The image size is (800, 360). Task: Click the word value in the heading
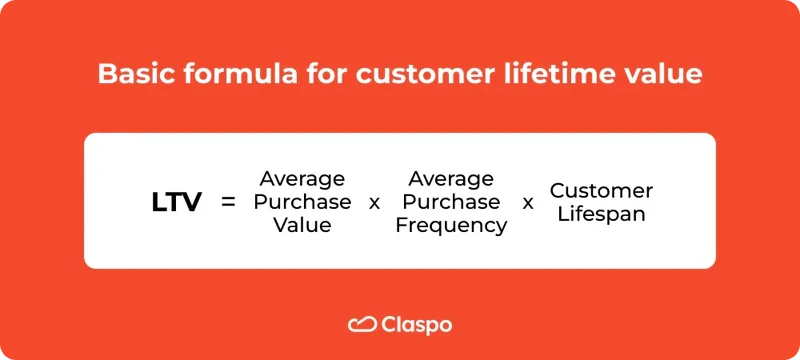click(x=664, y=74)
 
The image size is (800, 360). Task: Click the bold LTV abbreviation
click(x=176, y=202)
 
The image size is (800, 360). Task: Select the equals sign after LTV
click(x=228, y=202)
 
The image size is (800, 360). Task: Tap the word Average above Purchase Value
click(x=302, y=179)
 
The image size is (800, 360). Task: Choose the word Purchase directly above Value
click(x=302, y=202)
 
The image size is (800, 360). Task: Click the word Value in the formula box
click(x=302, y=225)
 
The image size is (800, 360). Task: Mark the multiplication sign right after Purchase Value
click(x=375, y=203)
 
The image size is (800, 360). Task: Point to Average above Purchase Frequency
click(x=451, y=179)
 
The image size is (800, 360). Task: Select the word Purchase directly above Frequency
click(x=451, y=202)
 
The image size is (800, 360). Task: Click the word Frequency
click(x=451, y=226)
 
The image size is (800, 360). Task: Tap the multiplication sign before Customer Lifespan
click(x=528, y=203)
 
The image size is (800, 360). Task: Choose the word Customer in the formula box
click(x=601, y=190)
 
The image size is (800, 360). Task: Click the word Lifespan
click(x=601, y=214)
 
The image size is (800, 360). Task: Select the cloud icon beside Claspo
click(x=361, y=324)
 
